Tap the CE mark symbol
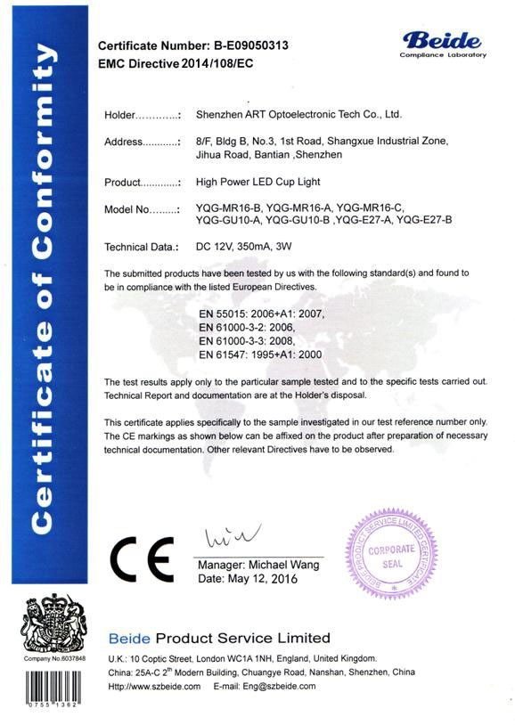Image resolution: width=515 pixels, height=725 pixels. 140,558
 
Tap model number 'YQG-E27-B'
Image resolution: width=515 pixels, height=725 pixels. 425,219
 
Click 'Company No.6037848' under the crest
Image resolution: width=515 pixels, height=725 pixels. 53,658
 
